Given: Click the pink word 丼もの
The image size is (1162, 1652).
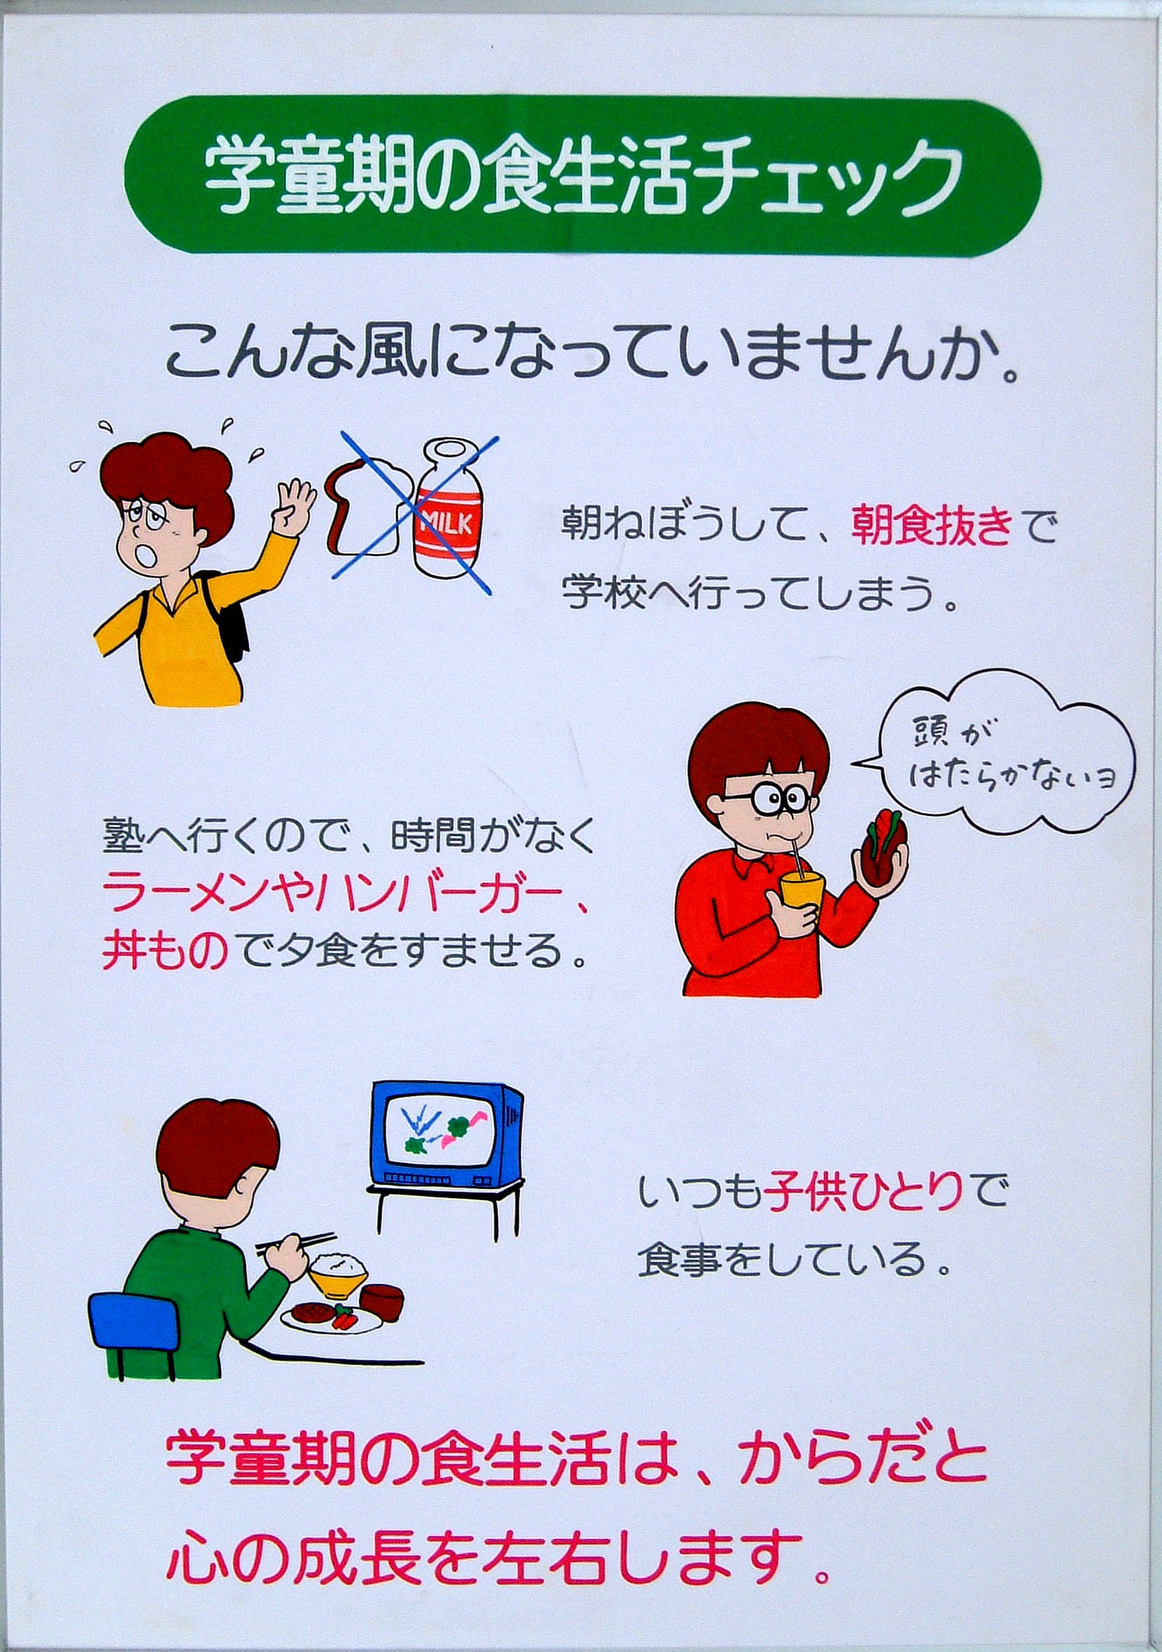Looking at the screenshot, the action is (165, 950).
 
